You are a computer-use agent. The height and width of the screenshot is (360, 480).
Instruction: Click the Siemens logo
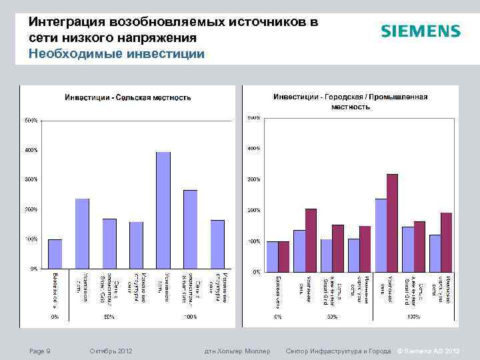pyautogui.click(x=420, y=31)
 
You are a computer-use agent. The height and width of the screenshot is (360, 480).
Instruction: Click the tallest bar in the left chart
pyautogui.click(x=163, y=210)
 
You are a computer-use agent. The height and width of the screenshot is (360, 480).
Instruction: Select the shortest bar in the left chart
pyautogui.click(x=55, y=254)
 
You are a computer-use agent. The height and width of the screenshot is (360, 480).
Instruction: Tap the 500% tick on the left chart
pyautogui.click(x=31, y=121)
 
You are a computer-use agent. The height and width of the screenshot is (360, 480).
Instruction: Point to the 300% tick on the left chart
pyautogui.click(x=31, y=179)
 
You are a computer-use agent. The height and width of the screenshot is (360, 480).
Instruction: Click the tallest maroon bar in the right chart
pyautogui.click(x=392, y=223)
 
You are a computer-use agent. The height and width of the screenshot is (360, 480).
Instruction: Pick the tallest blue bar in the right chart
pyautogui.click(x=381, y=235)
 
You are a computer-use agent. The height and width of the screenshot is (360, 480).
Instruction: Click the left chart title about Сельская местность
pyautogui.click(x=127, y=98)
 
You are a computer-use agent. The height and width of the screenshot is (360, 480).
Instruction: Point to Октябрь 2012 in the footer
pyautogui.click(x=111, y=351)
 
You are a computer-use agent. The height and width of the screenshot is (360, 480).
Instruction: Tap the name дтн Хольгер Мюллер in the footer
pyautogui.click(x=237, y=351)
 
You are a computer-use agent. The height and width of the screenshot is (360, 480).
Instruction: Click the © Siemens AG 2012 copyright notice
pyautogui.click(x=428, y=351)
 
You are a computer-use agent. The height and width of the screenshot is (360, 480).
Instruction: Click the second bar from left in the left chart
pyautogui.click(x=82, y=233)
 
